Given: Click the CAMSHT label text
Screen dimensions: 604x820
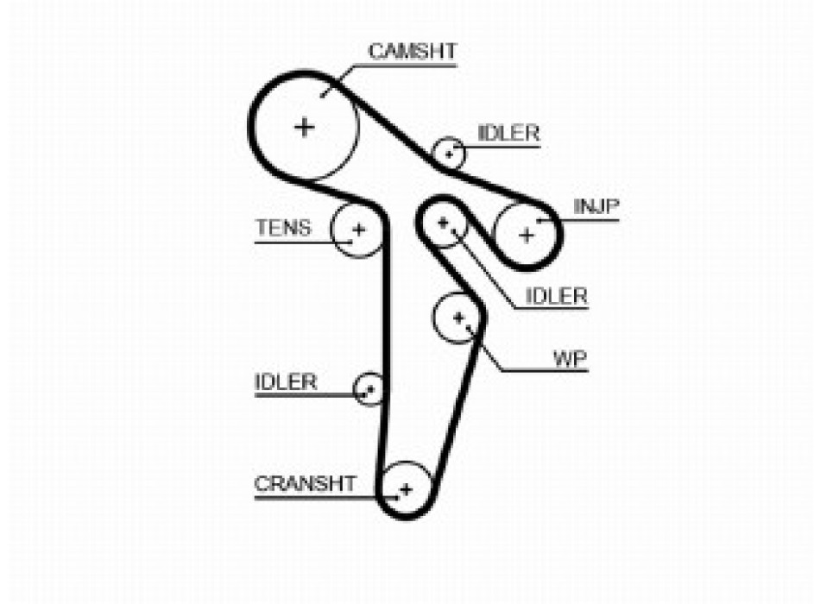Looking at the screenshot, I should tap(412, 51).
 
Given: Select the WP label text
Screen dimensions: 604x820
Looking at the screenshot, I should tap(570, 357).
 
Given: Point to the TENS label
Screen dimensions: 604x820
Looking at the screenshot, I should tap(282, 228).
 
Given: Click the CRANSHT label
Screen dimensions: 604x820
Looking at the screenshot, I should tap(304, 483).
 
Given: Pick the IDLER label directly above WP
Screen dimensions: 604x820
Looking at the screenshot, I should tap(557, 296).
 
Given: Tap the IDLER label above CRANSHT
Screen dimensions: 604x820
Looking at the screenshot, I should tap(286, 381).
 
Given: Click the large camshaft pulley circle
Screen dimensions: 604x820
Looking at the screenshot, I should tap(304, 127).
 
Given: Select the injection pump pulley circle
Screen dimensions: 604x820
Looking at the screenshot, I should tap(527, 234).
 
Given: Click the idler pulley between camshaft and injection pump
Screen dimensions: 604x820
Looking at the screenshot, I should tap(449, 154).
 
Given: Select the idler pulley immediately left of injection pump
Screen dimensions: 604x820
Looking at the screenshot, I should tap(444, 223).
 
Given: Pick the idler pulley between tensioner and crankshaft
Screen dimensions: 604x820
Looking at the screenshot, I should tap(369, 387).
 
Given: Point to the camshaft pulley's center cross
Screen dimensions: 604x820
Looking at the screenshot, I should tap(304, 127).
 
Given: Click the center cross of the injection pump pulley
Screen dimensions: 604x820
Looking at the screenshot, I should tap(527, 234).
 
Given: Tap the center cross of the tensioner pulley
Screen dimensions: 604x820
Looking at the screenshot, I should tap(358, 230).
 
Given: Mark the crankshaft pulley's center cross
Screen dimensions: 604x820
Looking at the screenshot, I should tap(406, 489).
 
